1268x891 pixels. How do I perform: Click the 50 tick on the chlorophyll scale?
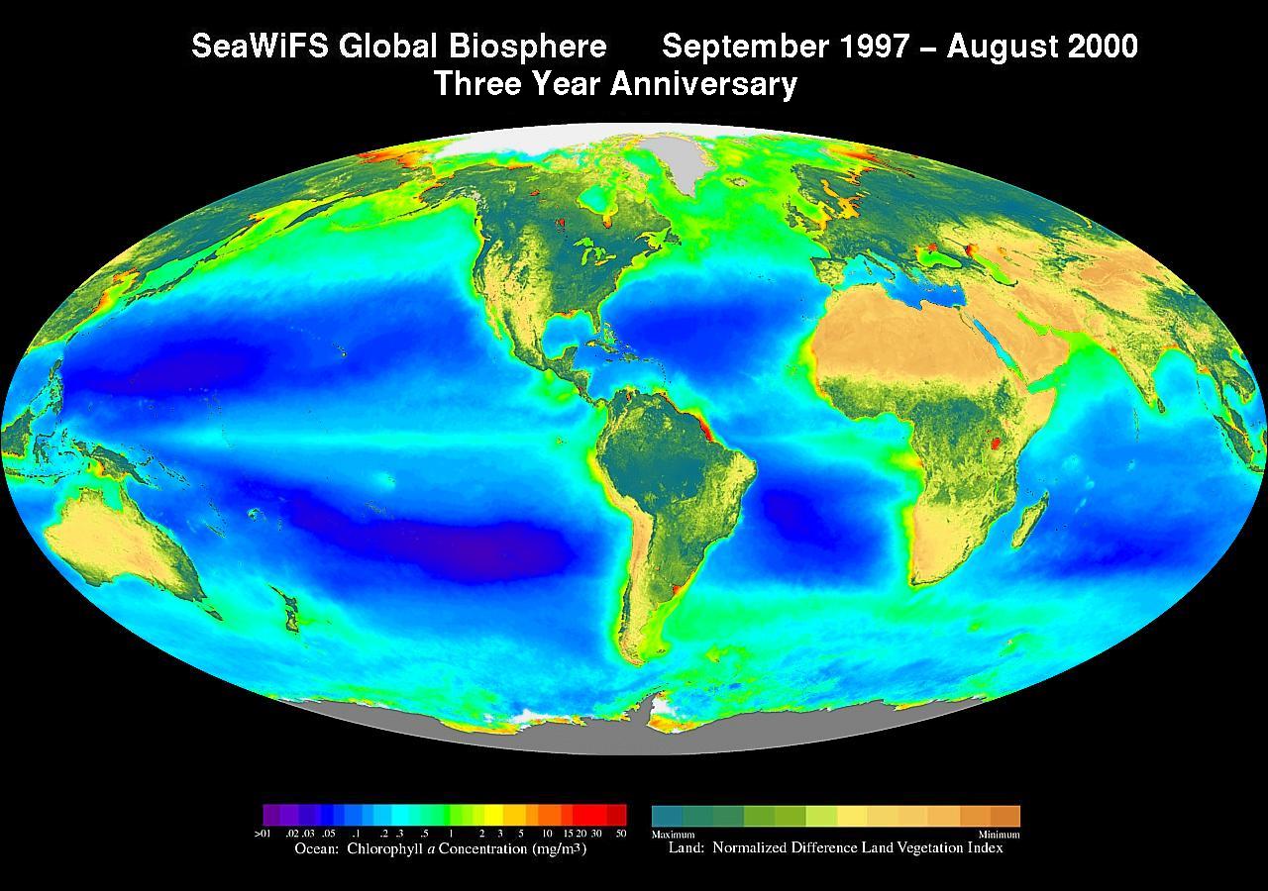pos(621,834)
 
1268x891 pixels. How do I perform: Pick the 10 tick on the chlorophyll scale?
pos(547,834)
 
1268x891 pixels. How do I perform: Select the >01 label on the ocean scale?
pos(263,834)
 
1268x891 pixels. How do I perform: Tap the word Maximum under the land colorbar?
pos(673,835)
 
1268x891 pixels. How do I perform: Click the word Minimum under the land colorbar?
pos(999,835)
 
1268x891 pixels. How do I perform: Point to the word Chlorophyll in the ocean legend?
pos(389,848)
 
